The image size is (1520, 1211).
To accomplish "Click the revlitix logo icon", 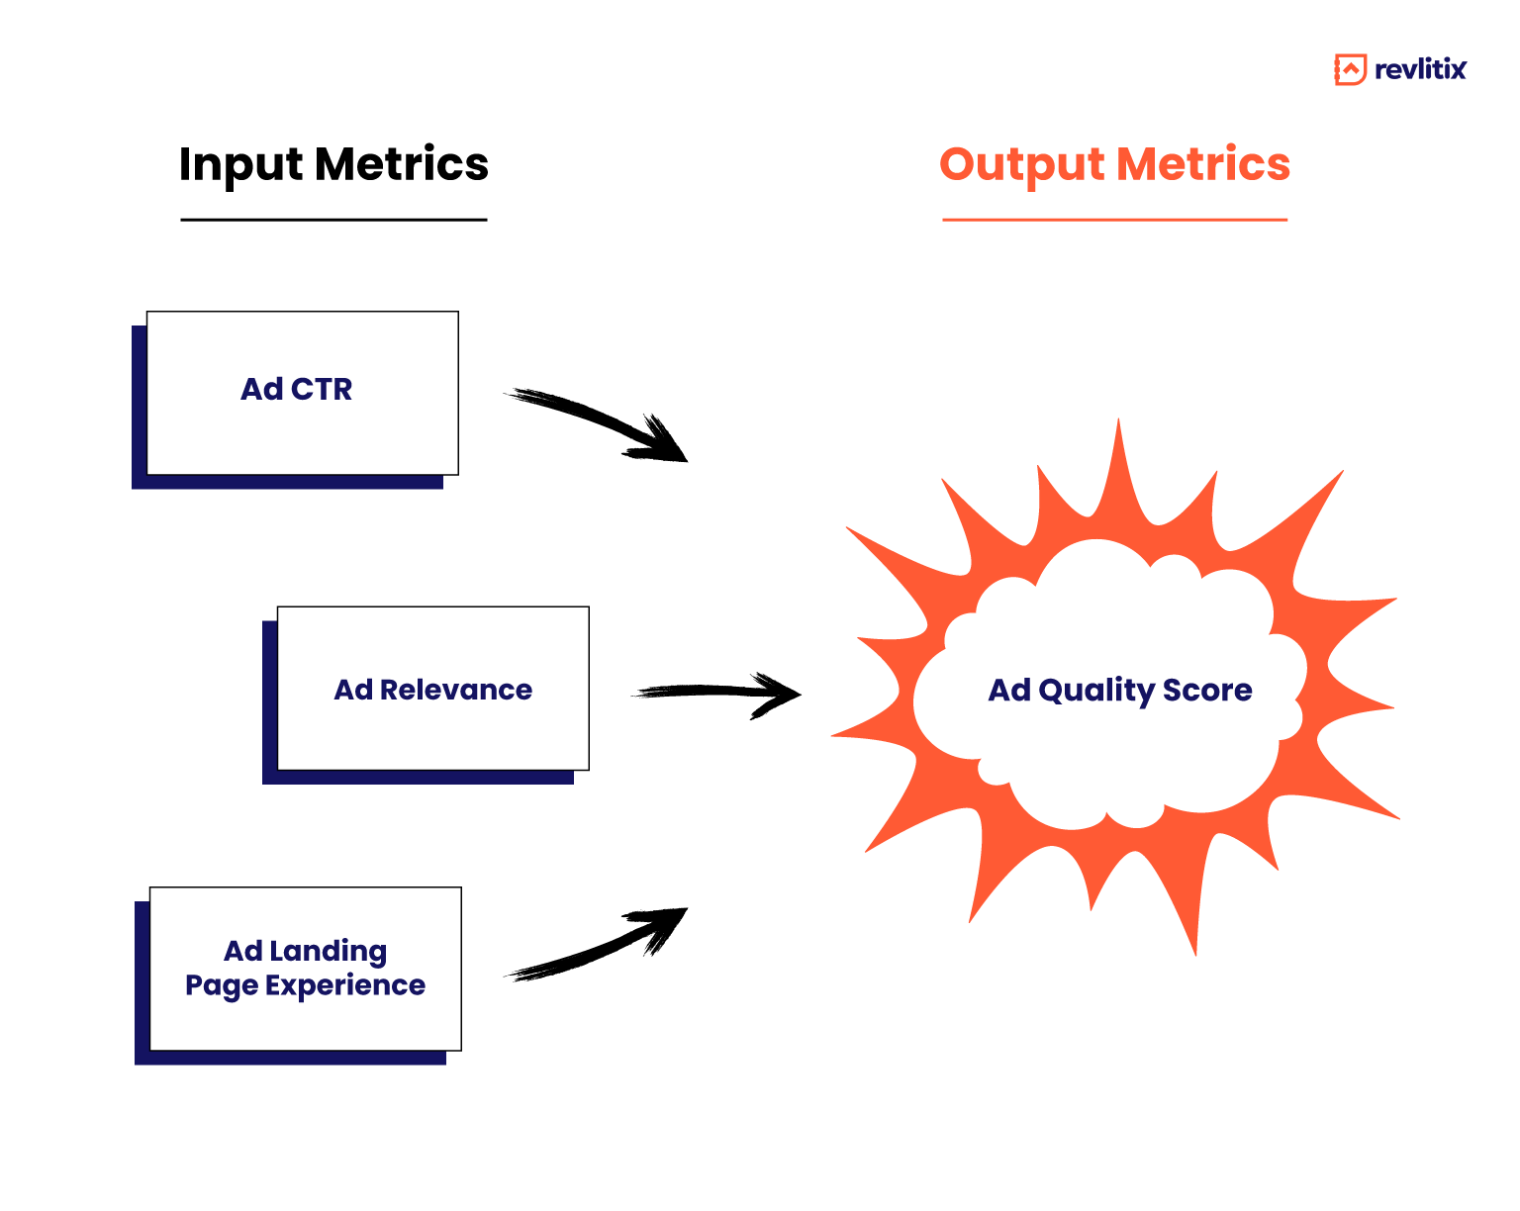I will [x=1350, y=69].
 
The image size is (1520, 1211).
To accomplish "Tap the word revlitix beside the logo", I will [x=1420, y=69].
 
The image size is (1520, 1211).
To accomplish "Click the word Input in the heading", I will [x=240, y=164].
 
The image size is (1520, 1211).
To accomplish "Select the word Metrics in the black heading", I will [x=402, y=163].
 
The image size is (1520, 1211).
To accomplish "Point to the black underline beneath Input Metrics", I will [x=333, y=220].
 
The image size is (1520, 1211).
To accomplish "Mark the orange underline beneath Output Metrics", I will [x=1114, y=220].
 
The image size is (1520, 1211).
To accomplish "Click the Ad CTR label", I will [x=296, y=389].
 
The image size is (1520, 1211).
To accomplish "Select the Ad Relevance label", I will [x=432, y=690].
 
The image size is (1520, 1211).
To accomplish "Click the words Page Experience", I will [x=305, y=985].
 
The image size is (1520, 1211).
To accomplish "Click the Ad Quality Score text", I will [x=1119, y=690].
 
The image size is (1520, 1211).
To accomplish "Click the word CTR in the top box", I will [x=322, y=389].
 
